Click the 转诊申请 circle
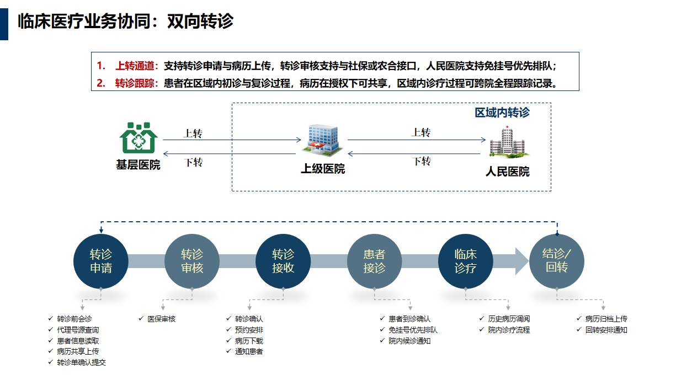point(101,261)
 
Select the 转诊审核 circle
point(192,261)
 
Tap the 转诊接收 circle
point(283,261)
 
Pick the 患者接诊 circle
point(374,261)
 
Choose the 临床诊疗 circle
point(465,261)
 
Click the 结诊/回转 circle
point(556,261)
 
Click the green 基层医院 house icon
point(139,138)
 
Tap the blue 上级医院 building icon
point(323,140)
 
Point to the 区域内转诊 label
point(502,113)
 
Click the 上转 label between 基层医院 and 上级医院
point(193,133)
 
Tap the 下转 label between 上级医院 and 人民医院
point(422,161)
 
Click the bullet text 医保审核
point(161,319)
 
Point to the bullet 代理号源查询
point(78,330)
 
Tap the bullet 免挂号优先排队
point(413,330)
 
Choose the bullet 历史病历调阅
point(509,319)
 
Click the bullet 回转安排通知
point(606,330)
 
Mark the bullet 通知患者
point(249,351)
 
